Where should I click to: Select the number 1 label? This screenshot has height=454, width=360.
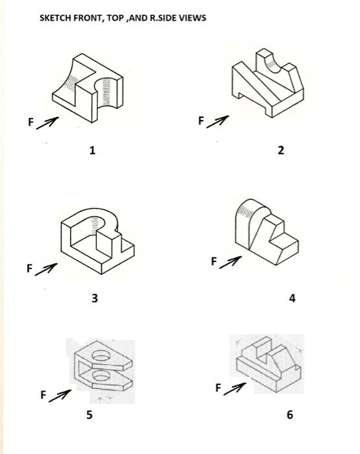point(92,150)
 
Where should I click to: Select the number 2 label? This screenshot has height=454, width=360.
point(280,150)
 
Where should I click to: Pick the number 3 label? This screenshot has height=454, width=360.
point(95,298)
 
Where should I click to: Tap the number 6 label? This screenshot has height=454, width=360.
point(289,414)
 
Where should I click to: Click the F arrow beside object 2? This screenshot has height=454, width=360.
point(221,121)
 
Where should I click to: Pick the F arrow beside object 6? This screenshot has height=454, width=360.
point(238,388)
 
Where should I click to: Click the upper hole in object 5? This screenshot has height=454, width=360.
point(102,355)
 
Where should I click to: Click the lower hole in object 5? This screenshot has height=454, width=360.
point(101,376)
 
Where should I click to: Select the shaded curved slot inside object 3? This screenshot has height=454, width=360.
point(97,224)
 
